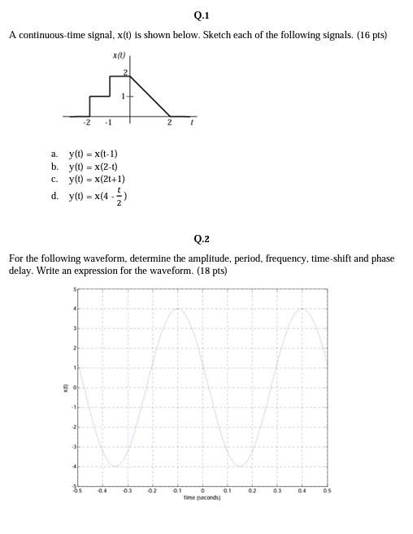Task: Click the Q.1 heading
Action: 202,15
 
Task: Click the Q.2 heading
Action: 202,239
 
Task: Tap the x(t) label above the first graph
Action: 120,55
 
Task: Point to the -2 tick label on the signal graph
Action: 86,124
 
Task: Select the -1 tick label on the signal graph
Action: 108,124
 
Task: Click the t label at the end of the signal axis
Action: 192,123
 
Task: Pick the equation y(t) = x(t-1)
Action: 93,153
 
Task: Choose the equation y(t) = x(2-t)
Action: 93,166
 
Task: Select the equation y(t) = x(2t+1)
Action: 97,179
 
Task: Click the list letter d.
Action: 54,195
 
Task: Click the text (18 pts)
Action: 211,271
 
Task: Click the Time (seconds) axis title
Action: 202,497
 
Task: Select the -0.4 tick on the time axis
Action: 102,491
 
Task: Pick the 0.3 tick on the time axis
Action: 277,491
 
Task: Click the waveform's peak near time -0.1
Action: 177,309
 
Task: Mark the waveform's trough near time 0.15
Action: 240,466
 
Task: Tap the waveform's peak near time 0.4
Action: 302,309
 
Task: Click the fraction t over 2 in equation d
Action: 119,195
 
